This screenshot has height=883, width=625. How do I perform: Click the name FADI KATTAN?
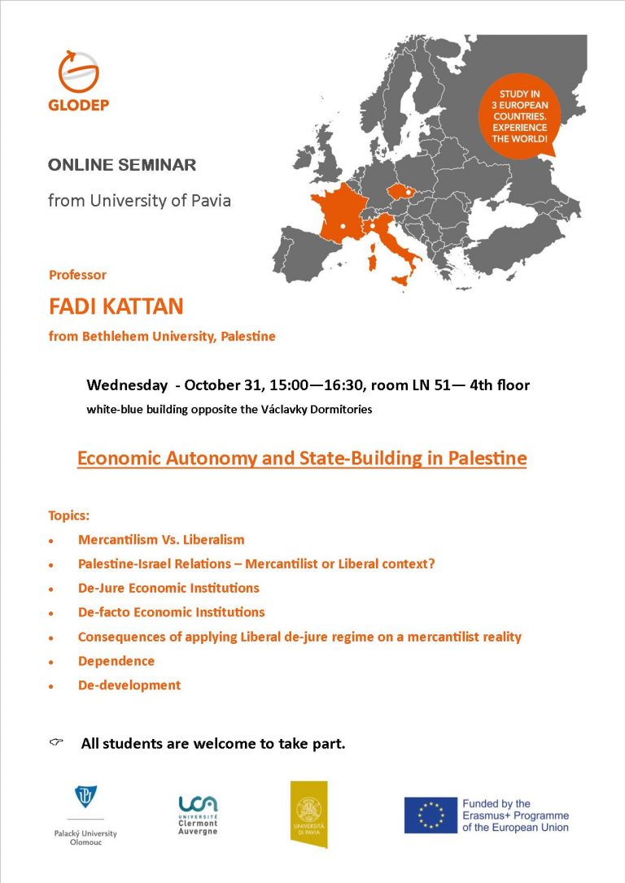click(116, 307)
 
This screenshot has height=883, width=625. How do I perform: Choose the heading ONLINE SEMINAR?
click(122, 165)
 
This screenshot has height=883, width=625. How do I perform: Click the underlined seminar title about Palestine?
click(302, 459)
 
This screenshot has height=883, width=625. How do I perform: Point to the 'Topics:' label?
click(69, 515)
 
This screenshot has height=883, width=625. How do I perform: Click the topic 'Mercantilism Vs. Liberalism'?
click(161, 539)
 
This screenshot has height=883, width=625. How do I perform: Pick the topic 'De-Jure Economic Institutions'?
click(168, 588)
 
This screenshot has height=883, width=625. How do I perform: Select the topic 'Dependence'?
click(116, 661)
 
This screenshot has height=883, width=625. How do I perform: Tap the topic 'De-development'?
click(129, 685)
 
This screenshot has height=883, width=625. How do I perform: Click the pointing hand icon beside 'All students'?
click(56, 742)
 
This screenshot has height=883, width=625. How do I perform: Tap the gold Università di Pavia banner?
click(308, 813)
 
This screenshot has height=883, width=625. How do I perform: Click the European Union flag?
click(431, 815)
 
